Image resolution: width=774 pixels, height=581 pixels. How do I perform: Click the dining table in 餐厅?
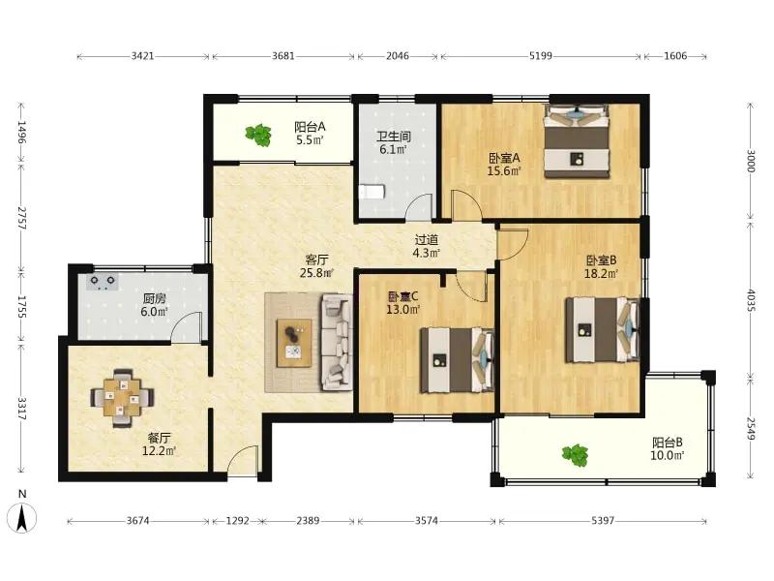(122, 397)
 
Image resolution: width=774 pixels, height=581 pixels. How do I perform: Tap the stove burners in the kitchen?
(103, 282)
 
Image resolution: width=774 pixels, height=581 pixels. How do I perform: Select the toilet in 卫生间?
(372, 192)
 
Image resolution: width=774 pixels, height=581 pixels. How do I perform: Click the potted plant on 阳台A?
(258, 135)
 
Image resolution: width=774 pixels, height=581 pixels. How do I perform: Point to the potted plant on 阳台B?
(575, 455)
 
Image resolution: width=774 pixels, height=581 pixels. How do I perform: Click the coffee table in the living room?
(294, 343)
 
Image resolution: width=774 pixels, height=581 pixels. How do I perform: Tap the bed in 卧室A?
(577, 140)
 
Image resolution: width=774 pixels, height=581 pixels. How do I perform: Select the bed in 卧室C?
(457, 360)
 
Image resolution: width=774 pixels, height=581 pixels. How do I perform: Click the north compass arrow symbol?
(21, 518)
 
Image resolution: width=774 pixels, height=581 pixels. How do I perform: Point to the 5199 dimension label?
(541, 56)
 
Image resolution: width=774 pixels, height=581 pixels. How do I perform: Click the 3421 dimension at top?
(142, 56)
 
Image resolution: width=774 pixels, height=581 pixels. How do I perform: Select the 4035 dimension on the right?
(751, 300)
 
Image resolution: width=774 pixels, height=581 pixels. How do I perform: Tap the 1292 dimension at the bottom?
(237, 521)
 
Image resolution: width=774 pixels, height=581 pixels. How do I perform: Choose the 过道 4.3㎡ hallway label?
(427, 247)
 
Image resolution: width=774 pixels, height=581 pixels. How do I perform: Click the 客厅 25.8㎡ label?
(317, 265)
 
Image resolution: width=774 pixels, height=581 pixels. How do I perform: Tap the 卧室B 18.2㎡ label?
(601, 267)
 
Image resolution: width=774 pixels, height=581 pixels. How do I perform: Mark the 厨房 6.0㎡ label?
(155, 305)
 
